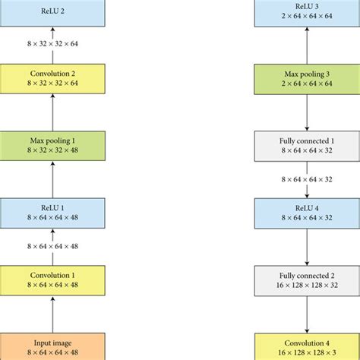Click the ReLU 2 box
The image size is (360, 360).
point(52,11)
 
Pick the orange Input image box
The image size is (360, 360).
point(52,346)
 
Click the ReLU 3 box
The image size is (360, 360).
point(308,11)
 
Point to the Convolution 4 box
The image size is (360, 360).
point(308,346)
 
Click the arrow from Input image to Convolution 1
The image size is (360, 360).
point(52,314)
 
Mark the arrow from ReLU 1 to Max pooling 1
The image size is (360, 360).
point(52,180)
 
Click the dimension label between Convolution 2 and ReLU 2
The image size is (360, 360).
point(52,44)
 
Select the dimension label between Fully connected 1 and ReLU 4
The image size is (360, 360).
point(308,180)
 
